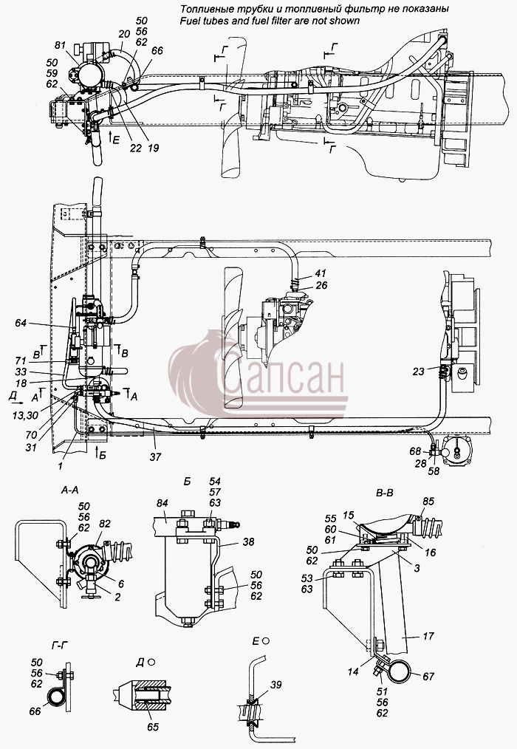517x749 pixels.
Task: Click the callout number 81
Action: (x=60, y=47)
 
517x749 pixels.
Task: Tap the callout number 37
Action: (x=155, y=457)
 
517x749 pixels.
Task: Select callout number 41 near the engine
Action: (x=320, y=274)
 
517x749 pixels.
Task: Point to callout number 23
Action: (x=419, y=371)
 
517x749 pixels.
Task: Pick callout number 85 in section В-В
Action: (x=428, y=501)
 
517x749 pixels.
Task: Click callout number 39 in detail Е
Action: (x=276, y=685)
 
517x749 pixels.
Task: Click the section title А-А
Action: (x=71, y=490)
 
